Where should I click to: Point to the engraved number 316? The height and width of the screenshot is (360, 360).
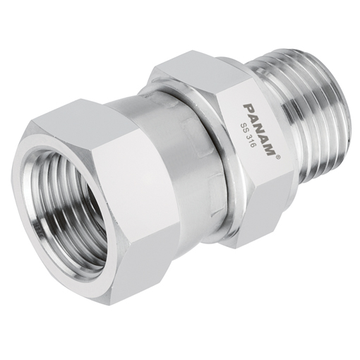[x=246, y=132]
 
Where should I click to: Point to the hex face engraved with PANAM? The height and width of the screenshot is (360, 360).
[x=258, y=134]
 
